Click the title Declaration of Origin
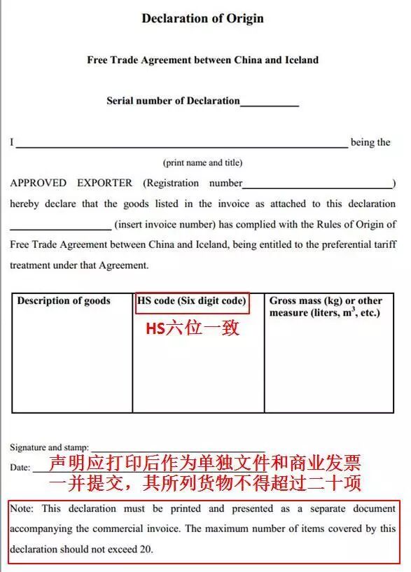coord(202,18)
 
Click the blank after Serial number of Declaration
coord(270,103)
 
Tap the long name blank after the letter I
coord(181,146)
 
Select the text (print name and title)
coord(203,162)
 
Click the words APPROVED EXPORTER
coord(71,183)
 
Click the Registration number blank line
coord(319,186)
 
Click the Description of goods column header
coord(64,301)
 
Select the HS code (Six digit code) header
coord(192,301)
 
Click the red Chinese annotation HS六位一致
coord(193,328)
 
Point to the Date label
coord(19,467)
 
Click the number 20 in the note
coord(146,550)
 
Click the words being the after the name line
coord(370,143)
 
